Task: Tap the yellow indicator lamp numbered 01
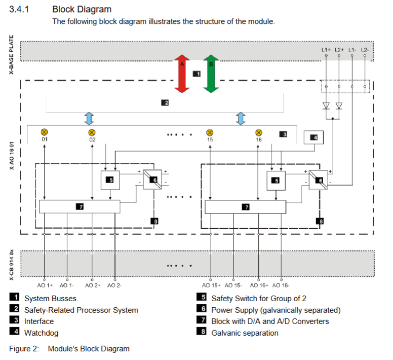pyautogui.click(x=44, y=132)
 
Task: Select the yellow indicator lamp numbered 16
pyautogui.click(x=258, y=132)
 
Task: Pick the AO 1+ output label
pyautogui.click(x=46, y=285)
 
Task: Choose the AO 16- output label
pyautogui.click(x=281, y=285)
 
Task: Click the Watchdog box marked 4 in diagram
pyautogui.click(x=313, y=137)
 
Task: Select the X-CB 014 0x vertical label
pyautogui.click(x=12, y=263)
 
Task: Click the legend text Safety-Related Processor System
pyautogui.click(x=81, y=310)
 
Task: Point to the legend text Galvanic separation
pyautogui.click(x=245, y=333)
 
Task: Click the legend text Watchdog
pyautogui.click(x=41, y=333)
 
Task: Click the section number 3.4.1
pyautogui.click(x=20, y=10)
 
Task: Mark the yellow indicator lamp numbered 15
pyautogui.click(x=210, y=132)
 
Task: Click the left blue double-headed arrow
pyautogui.click(x=89, y=118)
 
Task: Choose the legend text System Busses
pyautogui.click(x=50, y=299)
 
